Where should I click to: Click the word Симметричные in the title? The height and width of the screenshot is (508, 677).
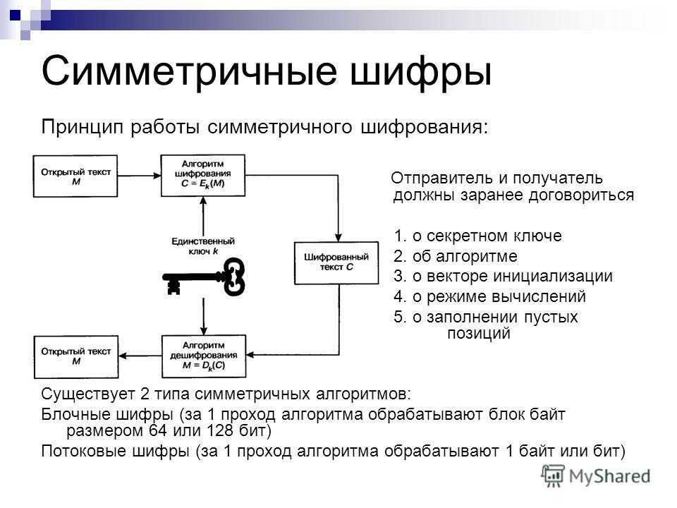189,71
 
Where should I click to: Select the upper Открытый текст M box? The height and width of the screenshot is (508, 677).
75,176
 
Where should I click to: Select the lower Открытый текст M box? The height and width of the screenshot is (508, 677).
76,357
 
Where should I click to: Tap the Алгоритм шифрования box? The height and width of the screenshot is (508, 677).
203,176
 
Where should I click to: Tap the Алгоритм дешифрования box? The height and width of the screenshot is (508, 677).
203,356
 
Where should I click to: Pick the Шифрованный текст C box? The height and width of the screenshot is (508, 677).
336,263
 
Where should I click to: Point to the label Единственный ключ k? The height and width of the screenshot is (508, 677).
203,246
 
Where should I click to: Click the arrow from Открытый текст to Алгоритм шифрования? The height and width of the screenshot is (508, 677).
139,176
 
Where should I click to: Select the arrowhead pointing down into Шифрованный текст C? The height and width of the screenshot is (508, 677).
338,238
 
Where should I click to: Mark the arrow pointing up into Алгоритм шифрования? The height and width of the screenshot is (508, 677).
203,216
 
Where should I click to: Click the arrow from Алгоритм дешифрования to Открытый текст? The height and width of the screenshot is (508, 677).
140,356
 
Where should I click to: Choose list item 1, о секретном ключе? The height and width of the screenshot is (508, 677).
477,236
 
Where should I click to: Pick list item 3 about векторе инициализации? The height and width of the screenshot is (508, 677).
503,276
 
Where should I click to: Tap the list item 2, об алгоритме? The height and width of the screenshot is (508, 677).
455,256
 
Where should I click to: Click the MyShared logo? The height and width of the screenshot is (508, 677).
596,476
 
